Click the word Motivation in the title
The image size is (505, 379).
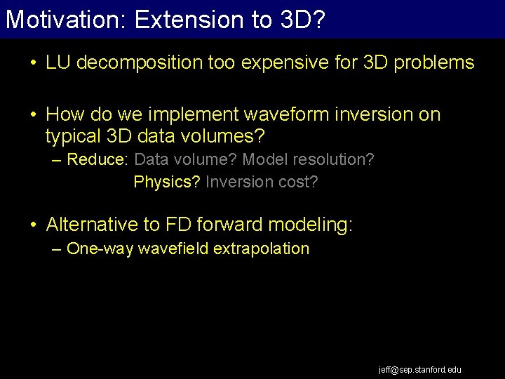63,19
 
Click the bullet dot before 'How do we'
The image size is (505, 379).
34,114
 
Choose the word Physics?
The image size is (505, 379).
167,182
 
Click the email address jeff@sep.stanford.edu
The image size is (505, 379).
420,369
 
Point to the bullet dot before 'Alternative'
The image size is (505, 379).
34,225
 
